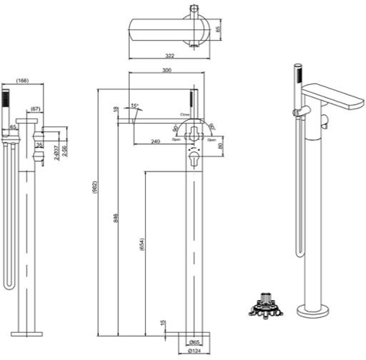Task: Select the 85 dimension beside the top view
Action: coord(218,32)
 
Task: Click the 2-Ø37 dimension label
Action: coord(57,153)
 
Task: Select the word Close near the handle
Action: coord(186,115)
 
